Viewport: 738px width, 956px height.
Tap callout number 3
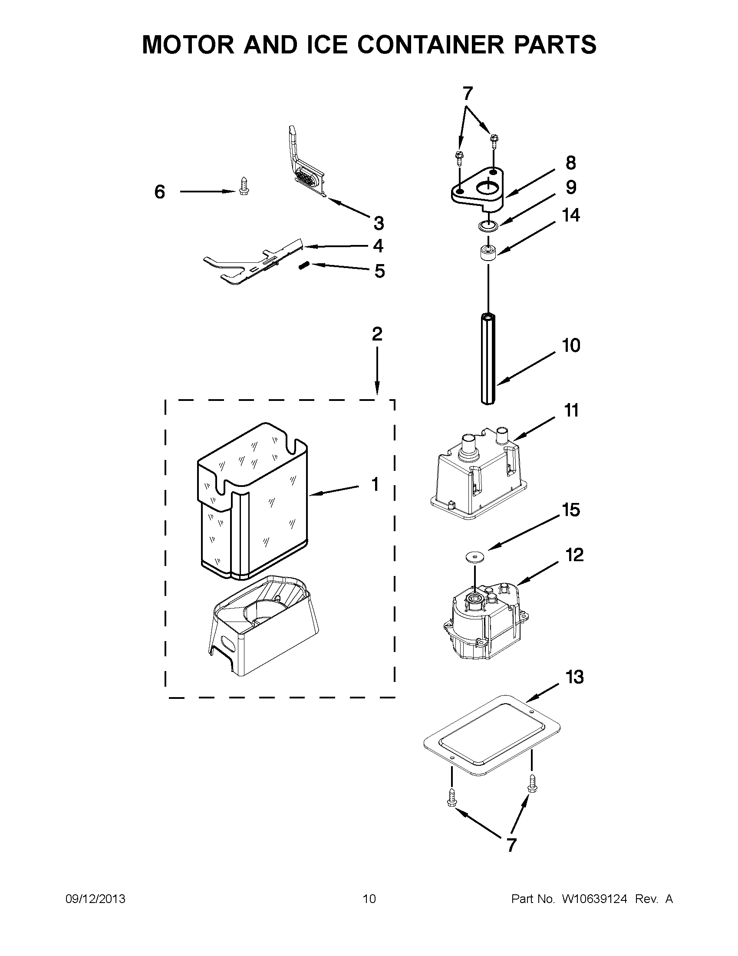[379, 223]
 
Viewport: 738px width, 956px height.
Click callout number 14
[571, 215]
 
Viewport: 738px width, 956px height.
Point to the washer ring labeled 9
[488, 226]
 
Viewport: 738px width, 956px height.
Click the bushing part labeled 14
[488, 254]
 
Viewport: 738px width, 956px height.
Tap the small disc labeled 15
[473, 556]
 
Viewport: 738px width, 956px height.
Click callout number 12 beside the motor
[574, 555]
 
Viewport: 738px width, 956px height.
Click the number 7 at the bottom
[511, 844]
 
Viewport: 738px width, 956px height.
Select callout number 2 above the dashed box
[377, 334]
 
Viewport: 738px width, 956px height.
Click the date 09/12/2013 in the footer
[96, 899]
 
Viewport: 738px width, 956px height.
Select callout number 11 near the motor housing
[571, 410]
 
